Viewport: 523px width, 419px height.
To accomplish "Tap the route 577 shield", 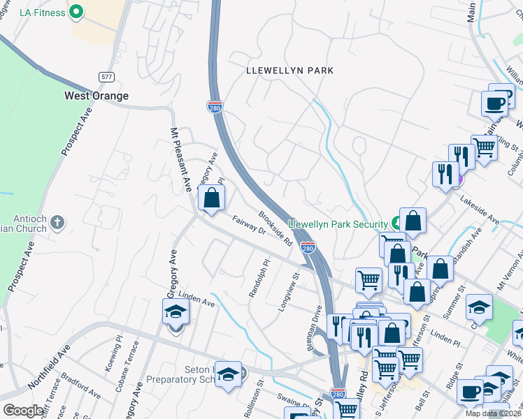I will click(106, 76).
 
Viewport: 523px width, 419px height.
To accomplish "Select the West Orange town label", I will click(96, 96).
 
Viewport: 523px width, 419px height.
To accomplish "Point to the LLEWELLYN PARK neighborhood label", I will click(289, 71).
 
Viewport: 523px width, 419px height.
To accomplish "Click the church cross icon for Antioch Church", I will click(57, 223).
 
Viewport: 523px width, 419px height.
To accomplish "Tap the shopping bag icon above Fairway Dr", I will click(211, 198).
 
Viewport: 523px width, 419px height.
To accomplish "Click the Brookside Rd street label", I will click(275, 228).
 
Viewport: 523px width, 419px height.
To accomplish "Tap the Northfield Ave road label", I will click(50, 369).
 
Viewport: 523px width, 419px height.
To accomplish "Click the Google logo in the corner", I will click(23, 411).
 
